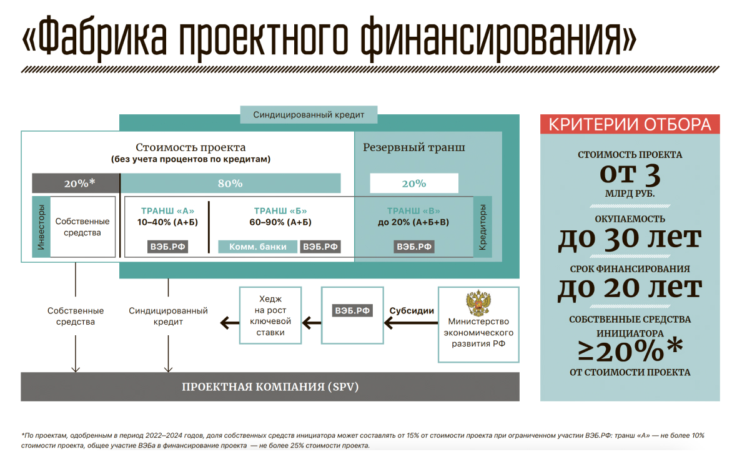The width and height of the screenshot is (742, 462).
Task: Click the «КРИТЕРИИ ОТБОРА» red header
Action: pyautogui.click(x=630, y=124)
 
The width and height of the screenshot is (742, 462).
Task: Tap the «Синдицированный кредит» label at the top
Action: pyautogui.click(x=309, y=115)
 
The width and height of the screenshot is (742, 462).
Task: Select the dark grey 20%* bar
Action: pyautogui.click(x=76, y=183)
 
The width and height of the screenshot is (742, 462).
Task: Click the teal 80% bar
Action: pyautogui.click(x=230, y=183)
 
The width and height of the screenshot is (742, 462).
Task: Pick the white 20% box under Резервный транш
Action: pyautogui.click(x=414, y=183)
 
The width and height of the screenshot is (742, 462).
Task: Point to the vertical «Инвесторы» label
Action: pyautogui.click(x=41, y=227)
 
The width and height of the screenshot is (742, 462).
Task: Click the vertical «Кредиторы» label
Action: pyautogui.click(x=482, y=227)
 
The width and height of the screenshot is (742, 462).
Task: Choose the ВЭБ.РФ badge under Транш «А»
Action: pyautogui.click(x=168, y=247)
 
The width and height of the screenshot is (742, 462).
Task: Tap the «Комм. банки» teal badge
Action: pyautogui.click(x=258, y=247)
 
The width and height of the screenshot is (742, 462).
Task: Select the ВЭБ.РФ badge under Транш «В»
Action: pyautogui.click(x=414, y=247)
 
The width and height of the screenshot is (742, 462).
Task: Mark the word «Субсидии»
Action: pyautogui.click(x=412, y=310)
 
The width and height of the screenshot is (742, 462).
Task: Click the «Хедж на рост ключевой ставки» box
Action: pyautogui.click(x=270, y=315)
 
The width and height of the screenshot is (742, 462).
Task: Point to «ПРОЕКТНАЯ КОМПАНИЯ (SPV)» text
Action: pyautogui.click(x=270, y=387)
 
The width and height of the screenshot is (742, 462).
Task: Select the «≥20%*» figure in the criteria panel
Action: pyautogui.click(x=630, y=351)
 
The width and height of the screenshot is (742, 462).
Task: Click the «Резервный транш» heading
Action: pyautogui.click(x=414, y=148)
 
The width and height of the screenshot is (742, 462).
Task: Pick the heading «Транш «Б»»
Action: pyautogui.click(x=280, y=211)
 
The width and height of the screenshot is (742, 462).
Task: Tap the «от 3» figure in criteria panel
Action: pyautogui.click(x=630, y=175)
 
